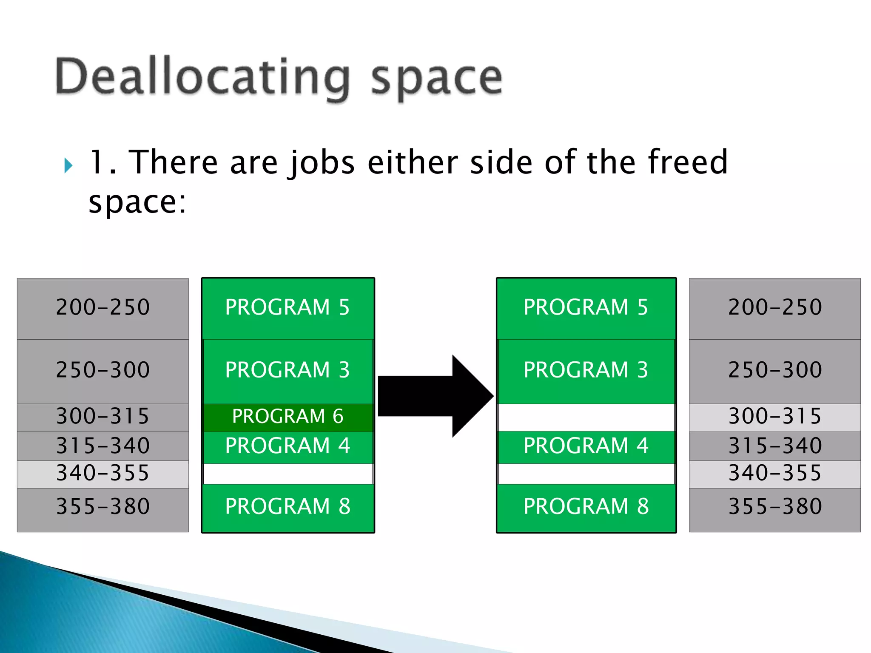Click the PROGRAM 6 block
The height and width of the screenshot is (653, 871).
(288, 417)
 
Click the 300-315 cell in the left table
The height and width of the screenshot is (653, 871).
(103, 417)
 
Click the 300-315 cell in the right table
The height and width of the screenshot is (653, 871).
(774, 417)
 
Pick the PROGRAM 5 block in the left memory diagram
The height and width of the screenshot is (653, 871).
(288, 308)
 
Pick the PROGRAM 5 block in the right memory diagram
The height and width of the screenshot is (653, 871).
(586, 308)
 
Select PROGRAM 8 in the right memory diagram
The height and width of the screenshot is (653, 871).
(586, 507)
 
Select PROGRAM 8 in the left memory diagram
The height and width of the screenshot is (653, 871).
(288, 507)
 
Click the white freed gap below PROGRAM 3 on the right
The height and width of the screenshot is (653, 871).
(586, 417)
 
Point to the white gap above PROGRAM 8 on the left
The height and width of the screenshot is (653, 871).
(288, 474)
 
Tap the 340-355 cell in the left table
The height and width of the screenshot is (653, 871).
(103, 474)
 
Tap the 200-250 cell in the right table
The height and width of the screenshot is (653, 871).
(774, 308)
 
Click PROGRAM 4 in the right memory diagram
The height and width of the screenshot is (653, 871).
(586, 446)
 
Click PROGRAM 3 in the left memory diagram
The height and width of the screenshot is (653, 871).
(288, 370)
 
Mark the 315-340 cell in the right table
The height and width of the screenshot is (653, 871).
(774, 446)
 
